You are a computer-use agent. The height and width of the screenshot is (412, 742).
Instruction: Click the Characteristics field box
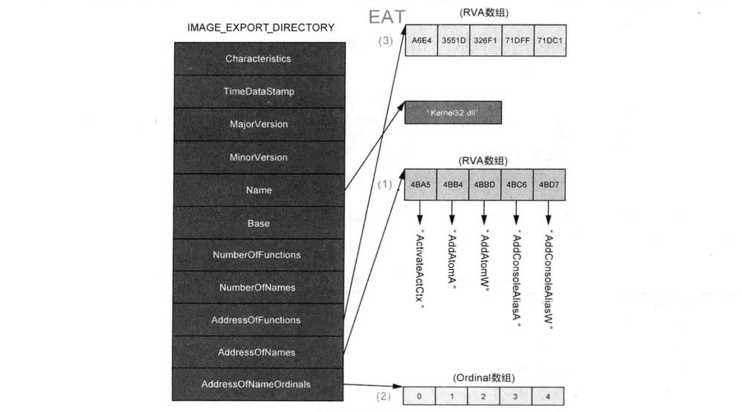258,58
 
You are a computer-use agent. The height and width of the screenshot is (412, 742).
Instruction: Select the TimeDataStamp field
258,91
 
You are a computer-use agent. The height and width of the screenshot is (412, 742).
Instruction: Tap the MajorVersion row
258,123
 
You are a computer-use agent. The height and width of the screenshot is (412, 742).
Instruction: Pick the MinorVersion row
258,157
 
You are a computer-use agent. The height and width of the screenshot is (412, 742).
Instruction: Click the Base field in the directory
258,222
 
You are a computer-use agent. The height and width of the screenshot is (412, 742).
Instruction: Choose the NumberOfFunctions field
258,254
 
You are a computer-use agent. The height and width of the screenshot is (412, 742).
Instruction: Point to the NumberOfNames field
258,287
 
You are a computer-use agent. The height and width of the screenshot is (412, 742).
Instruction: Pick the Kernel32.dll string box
453,112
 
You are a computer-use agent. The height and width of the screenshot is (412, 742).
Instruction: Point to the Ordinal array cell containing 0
420,396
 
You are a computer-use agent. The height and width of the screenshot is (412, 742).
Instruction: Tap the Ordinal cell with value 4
549,396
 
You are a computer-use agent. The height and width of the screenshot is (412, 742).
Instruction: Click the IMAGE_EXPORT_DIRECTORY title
261,28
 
